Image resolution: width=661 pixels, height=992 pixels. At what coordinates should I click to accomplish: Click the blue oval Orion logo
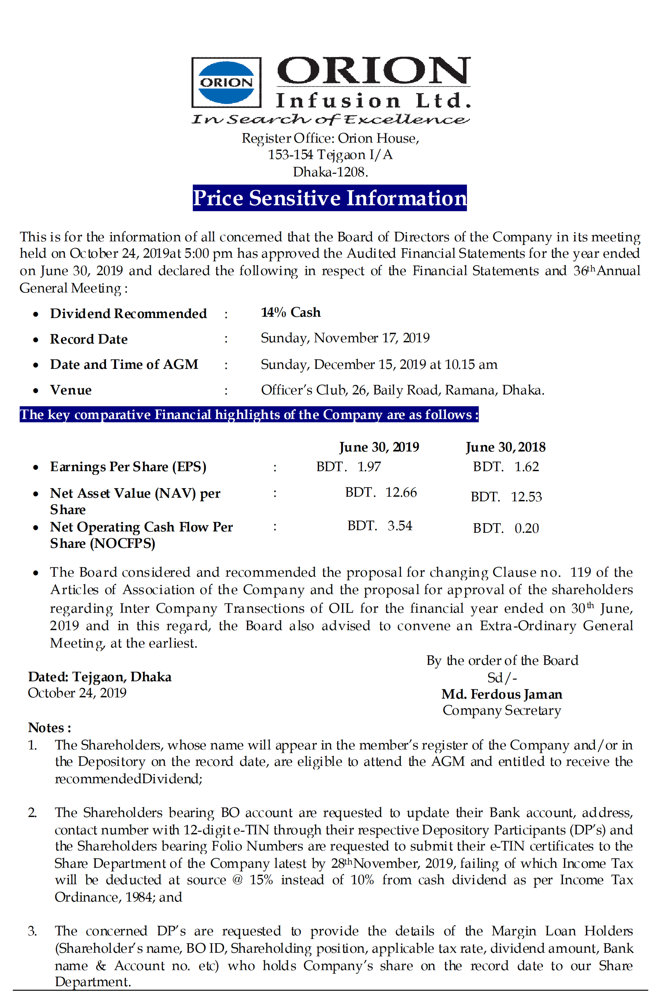(226, 83)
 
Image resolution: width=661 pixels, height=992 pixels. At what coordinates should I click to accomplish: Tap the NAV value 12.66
(401, 492)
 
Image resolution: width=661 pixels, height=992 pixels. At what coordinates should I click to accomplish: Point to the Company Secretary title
(502, 710)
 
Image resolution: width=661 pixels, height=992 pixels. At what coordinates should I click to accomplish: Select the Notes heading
(49, 728)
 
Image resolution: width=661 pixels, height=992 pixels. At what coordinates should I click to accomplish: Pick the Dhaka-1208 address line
(330, 172)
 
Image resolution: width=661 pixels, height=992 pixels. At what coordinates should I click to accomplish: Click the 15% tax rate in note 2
(261, 880)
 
